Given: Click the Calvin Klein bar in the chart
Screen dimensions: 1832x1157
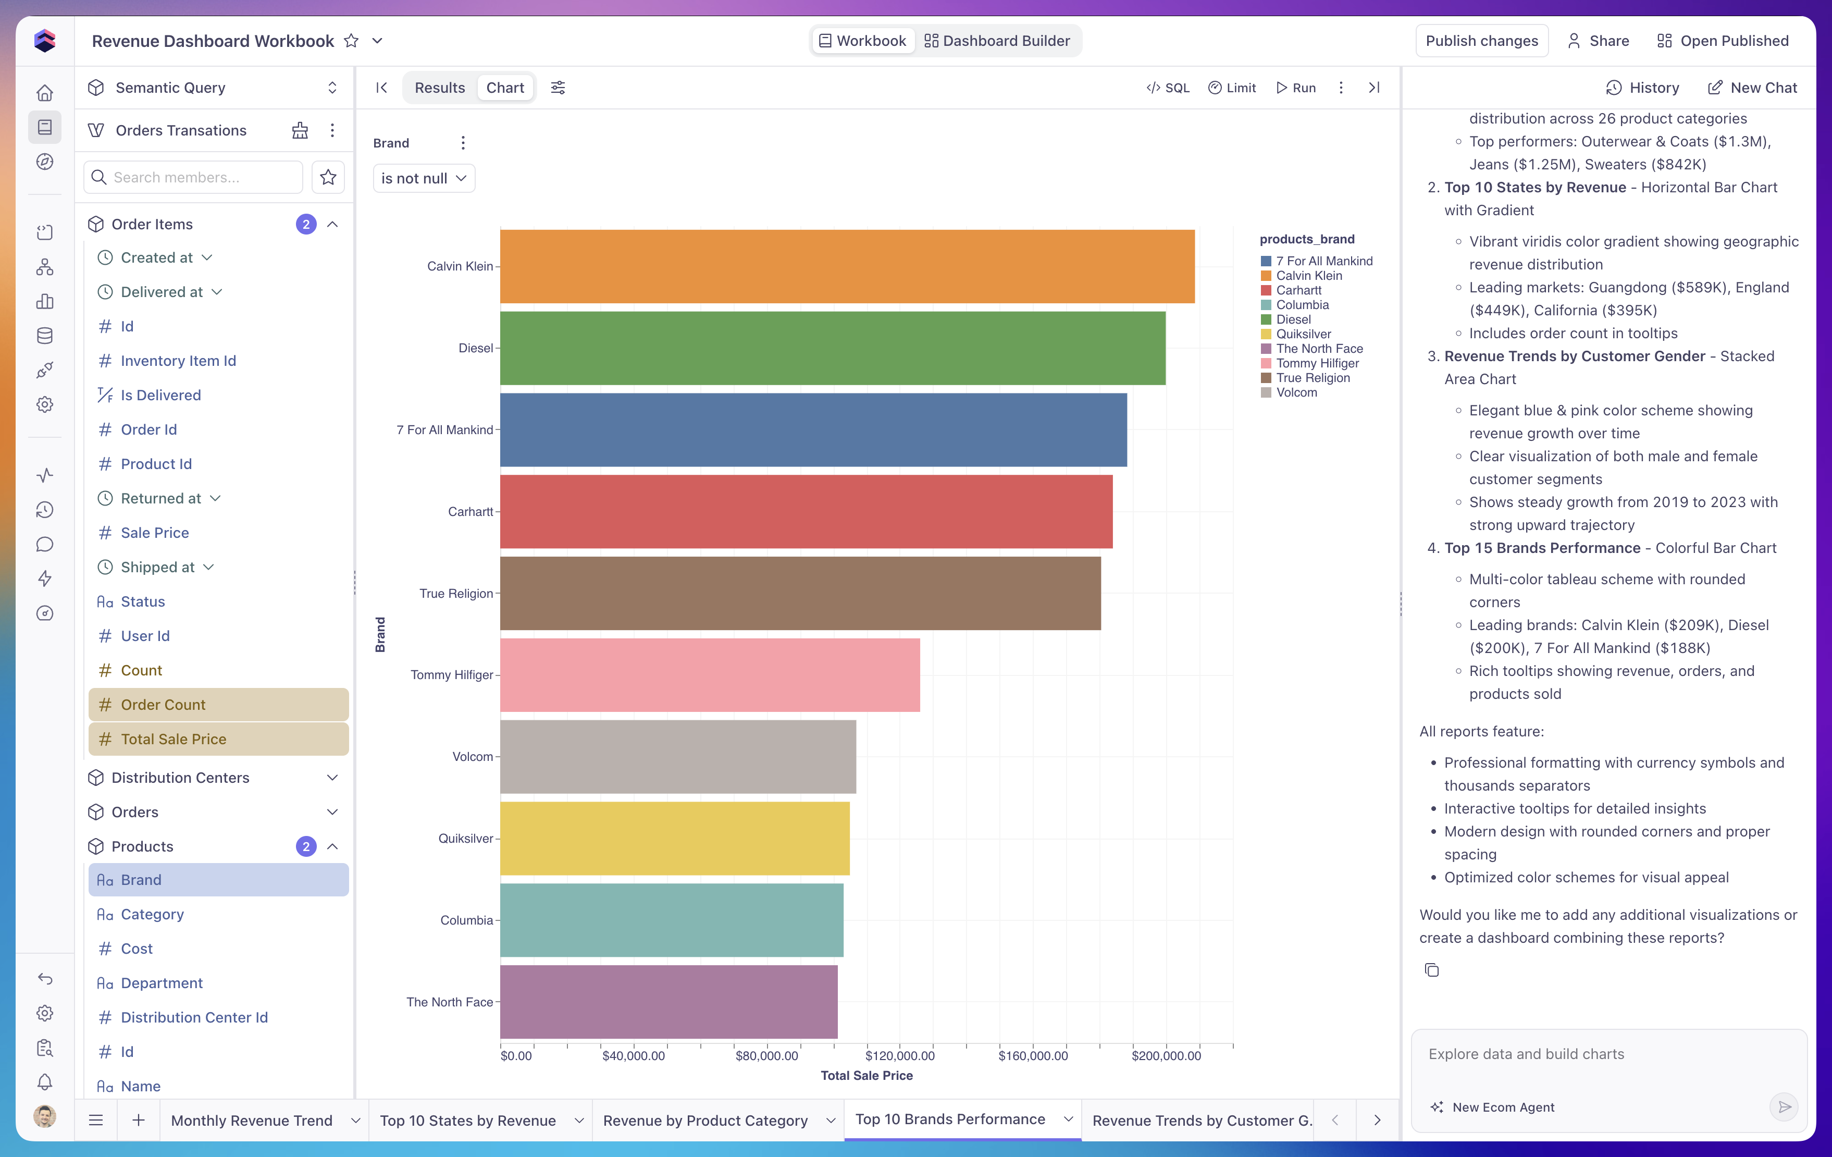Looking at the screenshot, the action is [x=847, y=266].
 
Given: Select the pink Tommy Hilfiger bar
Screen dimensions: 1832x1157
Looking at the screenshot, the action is [x=710, y=675].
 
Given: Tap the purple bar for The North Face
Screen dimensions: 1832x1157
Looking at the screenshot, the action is [x=669, y=1002].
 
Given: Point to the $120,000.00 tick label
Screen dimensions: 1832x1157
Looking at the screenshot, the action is [x=900, y=1056].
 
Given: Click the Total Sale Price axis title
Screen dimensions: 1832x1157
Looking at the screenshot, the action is [x=867, y=1076].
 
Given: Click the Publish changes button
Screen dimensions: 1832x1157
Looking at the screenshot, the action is [x=1481, y=41].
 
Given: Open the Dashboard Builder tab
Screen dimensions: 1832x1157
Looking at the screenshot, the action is [x=997, y=41].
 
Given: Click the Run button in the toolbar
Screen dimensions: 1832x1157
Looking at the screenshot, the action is [x=1296, y=88].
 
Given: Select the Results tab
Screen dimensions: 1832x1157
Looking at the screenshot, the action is [x=440, y=88].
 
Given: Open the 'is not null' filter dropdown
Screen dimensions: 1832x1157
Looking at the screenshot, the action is [x=424, y=178].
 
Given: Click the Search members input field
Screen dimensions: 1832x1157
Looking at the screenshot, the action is [x=193, y=177].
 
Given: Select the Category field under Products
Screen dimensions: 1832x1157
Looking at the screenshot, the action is [x=152, y=914].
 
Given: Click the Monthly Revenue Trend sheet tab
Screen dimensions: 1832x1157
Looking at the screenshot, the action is [x=252, y=1121].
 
